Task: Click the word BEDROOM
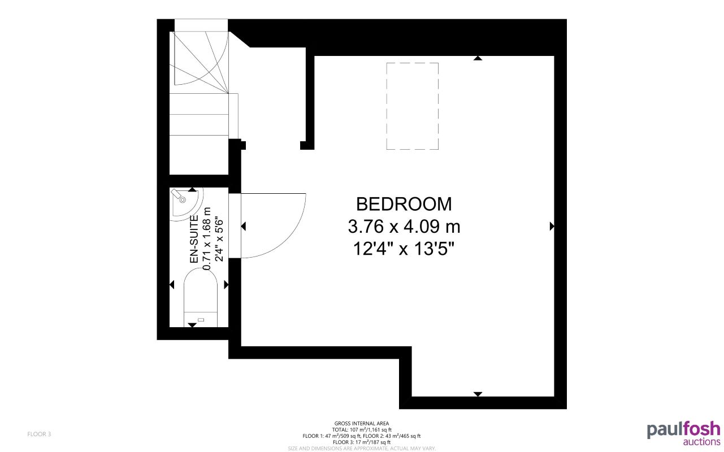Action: click(404, 204)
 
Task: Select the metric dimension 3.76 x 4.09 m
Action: click(404, 227)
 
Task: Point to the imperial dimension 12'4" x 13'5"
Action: click(404, 249)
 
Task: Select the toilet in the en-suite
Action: click(201, 297)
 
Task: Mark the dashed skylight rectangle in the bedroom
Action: click(413, 106)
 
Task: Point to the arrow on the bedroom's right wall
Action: click(552, 227)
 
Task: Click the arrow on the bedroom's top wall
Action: click(478, 58)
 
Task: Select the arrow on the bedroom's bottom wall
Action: click(478, 394)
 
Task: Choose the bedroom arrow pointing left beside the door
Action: click(244, 227)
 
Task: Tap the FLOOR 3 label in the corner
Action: click(39, 434)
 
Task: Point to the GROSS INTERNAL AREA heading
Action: click(362, 423)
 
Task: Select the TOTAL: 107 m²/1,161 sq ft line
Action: click(362, 429)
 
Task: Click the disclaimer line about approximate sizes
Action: click(362, 448)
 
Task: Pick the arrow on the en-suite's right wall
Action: click(227, 285)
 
